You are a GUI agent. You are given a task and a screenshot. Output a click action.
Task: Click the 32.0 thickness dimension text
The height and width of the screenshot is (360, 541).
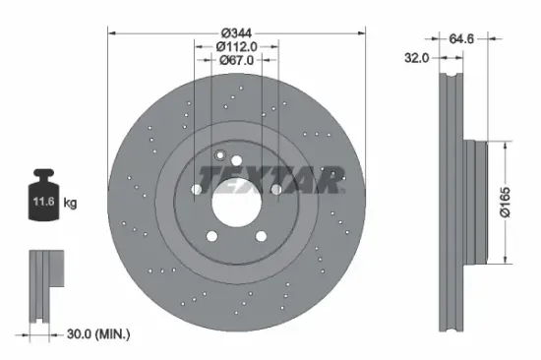pos(417,59)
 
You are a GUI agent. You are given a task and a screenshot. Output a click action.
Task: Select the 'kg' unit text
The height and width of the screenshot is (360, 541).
pos(70,204)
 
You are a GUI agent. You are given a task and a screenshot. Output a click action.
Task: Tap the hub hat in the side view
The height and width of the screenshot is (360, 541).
pos(480,202)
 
